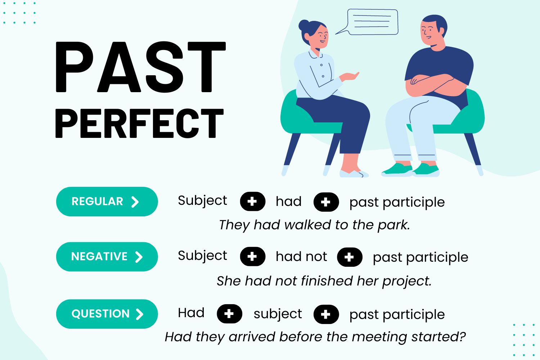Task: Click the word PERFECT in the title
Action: pyautogui.click(x=140, y=123)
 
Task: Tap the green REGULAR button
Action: pyautogui.click(x=107, y=202)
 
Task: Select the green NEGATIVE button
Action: pyautogui.click(x=107, y=257)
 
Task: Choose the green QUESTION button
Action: pyautogui.click(x=107, y=314)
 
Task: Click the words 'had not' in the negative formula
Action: pyautogui.click(x=301, y=257)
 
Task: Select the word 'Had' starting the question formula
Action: pyautogui.click(x=191, y=313)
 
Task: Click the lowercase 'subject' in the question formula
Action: pyautogui.click(x=278, y=314)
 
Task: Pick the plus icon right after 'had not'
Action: pyautogui.click(x=349, y=257)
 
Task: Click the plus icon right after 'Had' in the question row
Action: pyautogui.click(x=229, y=314)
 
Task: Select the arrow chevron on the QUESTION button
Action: pyautogui.click(x=139, y=314)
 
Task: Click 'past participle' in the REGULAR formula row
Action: pyautogui.click(x=397, y=202)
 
